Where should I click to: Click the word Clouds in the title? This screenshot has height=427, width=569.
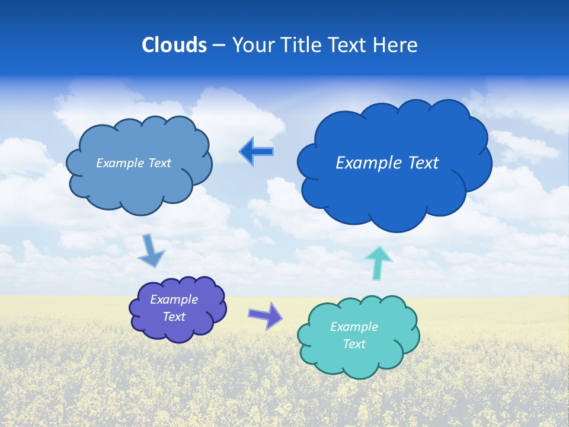(174, 45)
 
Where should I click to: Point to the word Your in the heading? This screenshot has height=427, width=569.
(253, 45)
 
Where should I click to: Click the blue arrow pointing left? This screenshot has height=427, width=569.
(257, 151)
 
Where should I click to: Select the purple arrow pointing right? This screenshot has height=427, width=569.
(266, 315)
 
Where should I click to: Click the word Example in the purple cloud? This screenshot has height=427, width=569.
(174, 299)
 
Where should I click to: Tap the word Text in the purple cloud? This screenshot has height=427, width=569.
(174, 317)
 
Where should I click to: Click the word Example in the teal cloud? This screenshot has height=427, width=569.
(354, 327)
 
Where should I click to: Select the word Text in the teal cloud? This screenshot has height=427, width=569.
(354, 344)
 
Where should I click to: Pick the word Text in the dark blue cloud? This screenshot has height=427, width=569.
(421, 163)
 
